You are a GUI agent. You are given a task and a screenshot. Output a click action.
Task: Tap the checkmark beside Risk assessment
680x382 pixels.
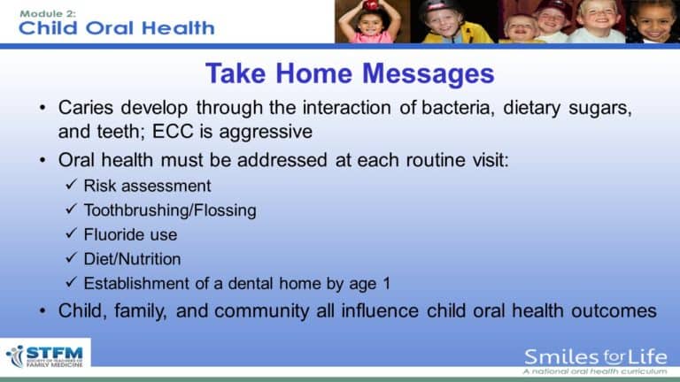[x=73, y=186]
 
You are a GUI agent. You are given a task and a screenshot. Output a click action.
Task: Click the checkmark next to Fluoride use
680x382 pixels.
[x=73, y=235]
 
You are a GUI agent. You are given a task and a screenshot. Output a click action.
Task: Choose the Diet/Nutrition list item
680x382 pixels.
[x=132, y=260]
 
